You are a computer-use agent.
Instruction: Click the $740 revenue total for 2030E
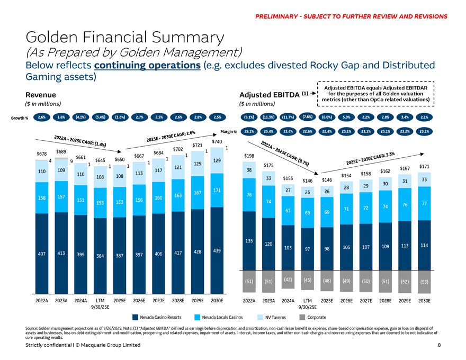[217, 141]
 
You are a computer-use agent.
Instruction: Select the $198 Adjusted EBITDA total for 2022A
[249, 156]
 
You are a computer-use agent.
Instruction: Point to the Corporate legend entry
[313, 317]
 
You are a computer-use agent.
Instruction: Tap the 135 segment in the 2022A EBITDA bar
[249, 241]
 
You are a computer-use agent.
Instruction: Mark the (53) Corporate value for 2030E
[424, 282]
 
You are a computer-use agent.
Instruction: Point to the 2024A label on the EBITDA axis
[288, 301]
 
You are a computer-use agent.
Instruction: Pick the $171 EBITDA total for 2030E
[424, 167]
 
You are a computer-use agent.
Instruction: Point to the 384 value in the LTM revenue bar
[100, 256]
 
